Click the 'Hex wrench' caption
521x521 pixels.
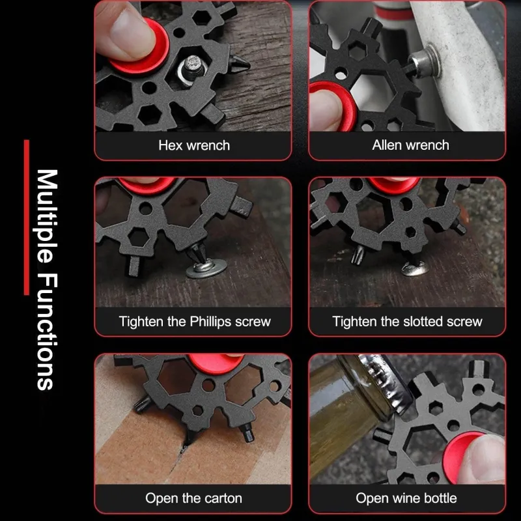pyautogui.click(x=193, y=145)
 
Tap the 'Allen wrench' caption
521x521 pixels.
pyautogui.click(x=410, y=145)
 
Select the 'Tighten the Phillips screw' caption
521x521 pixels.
pyautogui.click(x=194, y=321)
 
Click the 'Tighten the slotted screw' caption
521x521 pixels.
pyautogui.click(x=407, y=321)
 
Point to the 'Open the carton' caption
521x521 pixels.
pyautogui.click(x=193, y=498)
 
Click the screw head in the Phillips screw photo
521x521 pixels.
pyautogui.click(x=208, y=267)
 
